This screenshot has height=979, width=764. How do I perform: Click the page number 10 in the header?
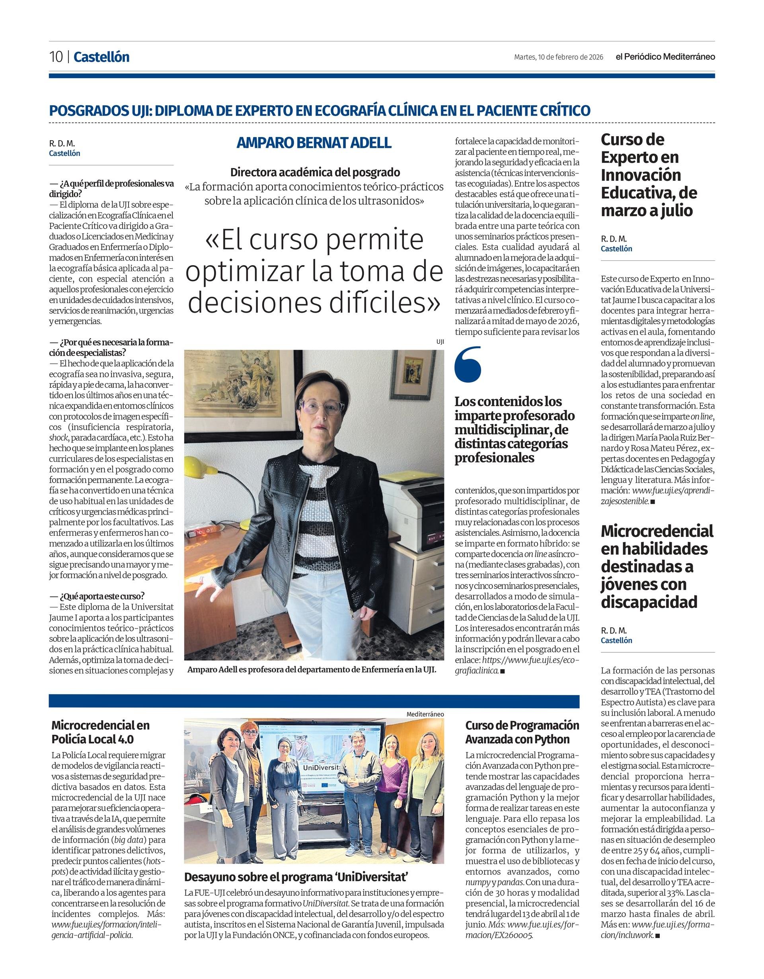coord(56,57)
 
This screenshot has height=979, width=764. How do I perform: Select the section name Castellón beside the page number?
coord(101,57)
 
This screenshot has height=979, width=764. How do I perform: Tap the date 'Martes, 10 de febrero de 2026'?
coord(558,57)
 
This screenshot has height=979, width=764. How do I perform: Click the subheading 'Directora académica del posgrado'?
coord(315,172)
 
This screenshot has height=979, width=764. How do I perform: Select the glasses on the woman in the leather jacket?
coord(322,407)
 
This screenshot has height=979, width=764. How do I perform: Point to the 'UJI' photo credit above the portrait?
coord(440,342)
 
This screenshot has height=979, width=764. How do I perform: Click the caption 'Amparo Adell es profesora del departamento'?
coord(312,670)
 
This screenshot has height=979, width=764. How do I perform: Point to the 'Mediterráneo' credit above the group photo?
coord(425,714)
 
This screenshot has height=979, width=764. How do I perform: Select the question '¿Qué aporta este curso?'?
coord(97,597)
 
